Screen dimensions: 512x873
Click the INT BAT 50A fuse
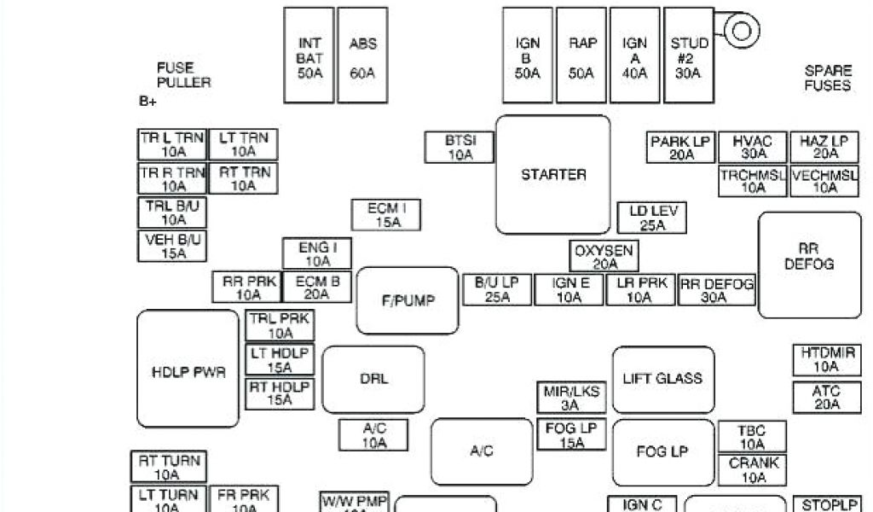pos(309,56)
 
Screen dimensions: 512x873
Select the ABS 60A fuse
pos(362,56)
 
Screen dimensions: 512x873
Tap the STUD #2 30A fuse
pos(688,56)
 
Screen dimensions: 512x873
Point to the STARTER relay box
pos(553,175)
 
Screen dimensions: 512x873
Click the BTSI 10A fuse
pos(460,148)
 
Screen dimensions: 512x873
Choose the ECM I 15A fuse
pos(387,215)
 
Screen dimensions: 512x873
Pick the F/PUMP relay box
pos(408,300)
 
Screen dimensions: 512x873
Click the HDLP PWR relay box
pos(188,369)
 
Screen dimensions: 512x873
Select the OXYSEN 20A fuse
pos(604,257)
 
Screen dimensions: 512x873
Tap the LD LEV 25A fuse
pos(652,218)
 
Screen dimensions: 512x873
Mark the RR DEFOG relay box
pos(809,265)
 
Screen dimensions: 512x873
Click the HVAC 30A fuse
pos(752,147)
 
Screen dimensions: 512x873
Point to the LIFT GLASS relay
pos(662,379)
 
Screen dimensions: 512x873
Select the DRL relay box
pos(373,379)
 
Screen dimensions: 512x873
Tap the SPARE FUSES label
pos(827,78)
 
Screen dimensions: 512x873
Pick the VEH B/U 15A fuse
pos(172,246)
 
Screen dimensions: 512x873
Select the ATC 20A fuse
pos(826,398)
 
